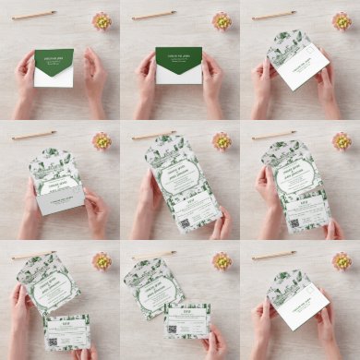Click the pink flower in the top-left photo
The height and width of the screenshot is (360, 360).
coord(102,20)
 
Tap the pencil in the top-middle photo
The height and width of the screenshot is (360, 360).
coord(154,15)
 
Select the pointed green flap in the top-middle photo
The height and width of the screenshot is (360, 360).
coord(178,61)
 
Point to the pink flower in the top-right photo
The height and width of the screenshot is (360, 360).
coord(342,20)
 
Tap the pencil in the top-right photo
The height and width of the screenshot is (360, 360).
coord(274,15)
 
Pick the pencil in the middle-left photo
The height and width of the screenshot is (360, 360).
coord(34,135)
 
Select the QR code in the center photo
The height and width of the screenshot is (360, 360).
coord(184,223)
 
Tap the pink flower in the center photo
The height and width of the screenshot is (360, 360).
coord(222,140)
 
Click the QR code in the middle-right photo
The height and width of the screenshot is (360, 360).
coord(294,222)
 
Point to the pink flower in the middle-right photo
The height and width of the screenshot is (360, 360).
coord(342,140)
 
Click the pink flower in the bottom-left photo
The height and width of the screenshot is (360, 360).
coord(102,260)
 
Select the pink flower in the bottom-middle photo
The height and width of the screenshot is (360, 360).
coord(222,260)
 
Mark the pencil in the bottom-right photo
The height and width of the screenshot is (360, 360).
coord(274,255)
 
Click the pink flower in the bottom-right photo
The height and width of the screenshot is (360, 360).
coord(342,260)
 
